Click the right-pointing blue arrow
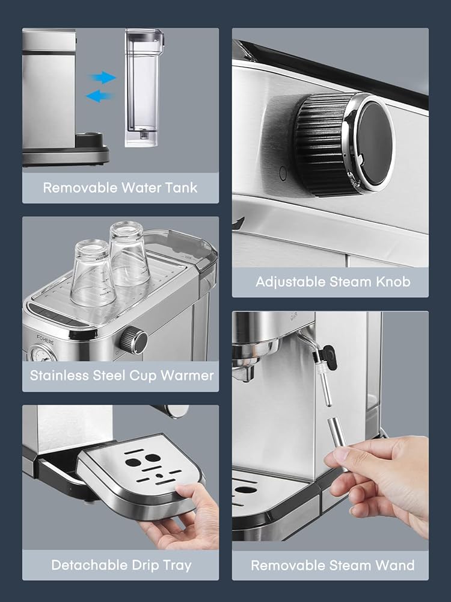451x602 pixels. point(103,78)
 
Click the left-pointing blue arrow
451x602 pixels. point(99,96)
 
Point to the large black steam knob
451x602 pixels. point(343,144)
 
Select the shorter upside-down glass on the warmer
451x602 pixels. point(93,272)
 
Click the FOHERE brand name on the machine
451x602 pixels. point(45,340)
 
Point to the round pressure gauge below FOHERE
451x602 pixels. point(43,355)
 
